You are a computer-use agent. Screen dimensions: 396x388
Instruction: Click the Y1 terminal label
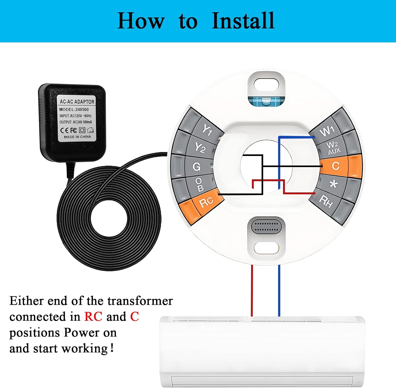pyautogui.click(x=207, y=129)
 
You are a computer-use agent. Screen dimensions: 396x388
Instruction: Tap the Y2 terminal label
pyautogui.click(x=200, y=148)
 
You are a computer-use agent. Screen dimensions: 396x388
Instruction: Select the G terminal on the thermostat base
pyautogui.click(x=197, y=167)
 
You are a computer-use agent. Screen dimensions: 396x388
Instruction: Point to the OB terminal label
pyautogui.click(x=200, y=184)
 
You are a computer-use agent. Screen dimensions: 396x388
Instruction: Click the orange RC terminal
pyautogui.click(x=206, y=202)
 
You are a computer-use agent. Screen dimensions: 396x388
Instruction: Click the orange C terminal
pyautogui.click(x=336, y=166)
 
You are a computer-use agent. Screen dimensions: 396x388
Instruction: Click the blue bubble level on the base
pyautogui.click(x=266, y=101)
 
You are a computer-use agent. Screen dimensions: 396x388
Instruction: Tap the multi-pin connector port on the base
pyautogui.click(x=266, y=227)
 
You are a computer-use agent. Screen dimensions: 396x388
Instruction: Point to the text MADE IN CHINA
pyautogui.click(x=77, y=137)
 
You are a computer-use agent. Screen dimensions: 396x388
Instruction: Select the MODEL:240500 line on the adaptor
pyautogui.click(x=74, y=109)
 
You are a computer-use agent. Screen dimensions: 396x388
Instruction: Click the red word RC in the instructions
pyautogui.click(x=93, y=316)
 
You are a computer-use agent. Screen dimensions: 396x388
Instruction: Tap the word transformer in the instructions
pyautogui.click(x=140, y=301)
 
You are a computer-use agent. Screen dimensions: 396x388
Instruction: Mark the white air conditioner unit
pyautogui.click(x=262, y=352)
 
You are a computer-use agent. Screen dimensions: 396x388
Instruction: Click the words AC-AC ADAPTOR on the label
pyautogui.click(x=77, y=102)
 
